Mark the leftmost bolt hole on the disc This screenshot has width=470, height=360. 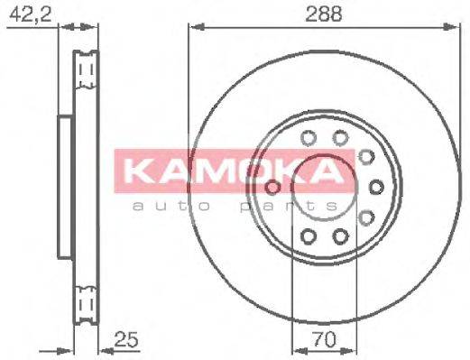[x=272, y=188]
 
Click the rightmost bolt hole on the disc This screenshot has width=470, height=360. [x=376, y=188]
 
